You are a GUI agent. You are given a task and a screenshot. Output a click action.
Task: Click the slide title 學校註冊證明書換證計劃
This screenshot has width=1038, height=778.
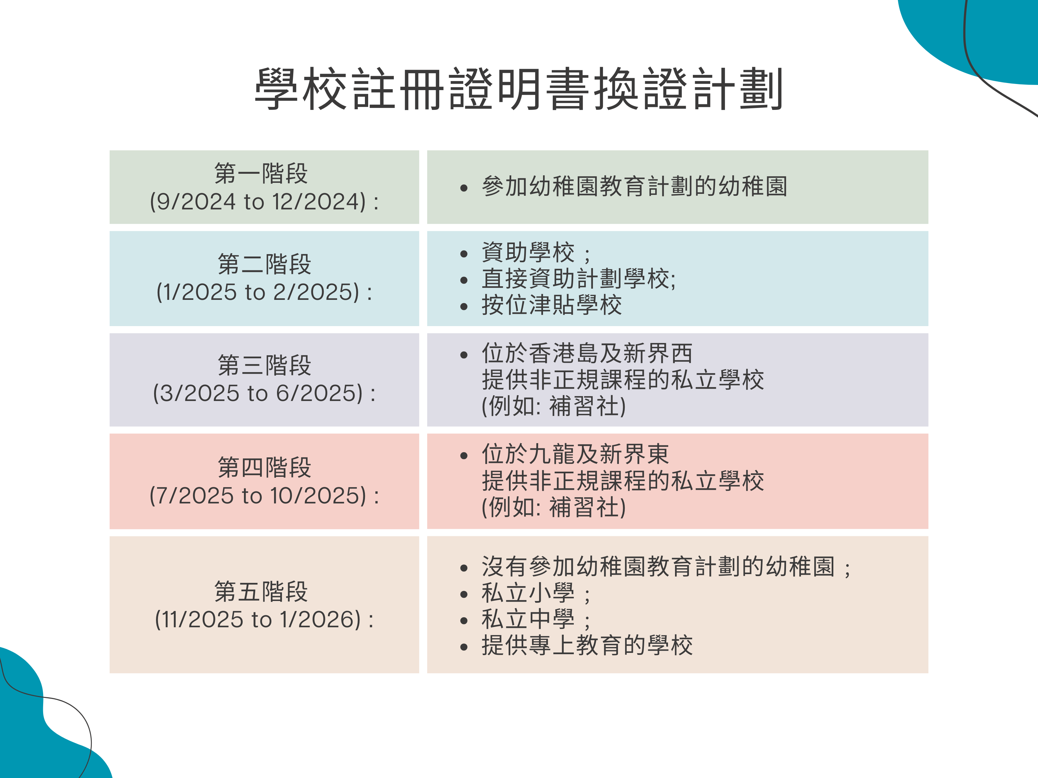coord(519,88)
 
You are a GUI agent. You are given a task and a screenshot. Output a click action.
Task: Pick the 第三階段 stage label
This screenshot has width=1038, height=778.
coord(264,365)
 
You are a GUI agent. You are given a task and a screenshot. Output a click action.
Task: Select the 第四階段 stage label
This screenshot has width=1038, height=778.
coord(264,467)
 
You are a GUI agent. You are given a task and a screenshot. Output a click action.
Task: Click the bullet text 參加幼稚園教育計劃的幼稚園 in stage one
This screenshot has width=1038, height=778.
coord(634,186)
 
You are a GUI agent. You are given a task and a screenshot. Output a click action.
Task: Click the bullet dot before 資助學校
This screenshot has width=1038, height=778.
coord(464,254)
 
